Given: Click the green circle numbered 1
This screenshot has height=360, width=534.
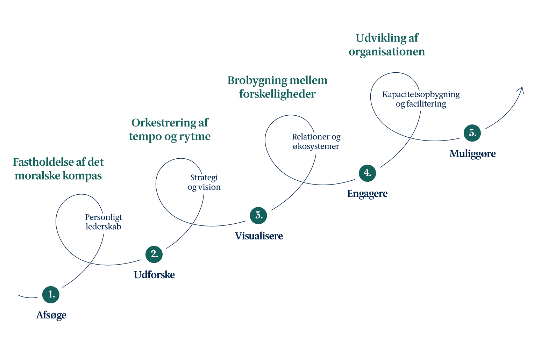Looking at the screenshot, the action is tap(51, 295).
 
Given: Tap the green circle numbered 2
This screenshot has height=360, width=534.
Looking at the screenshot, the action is tap(154, 254).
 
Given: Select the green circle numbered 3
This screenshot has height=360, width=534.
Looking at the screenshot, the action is tap(258, 216).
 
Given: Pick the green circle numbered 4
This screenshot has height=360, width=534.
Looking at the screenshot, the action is tap(367, 173).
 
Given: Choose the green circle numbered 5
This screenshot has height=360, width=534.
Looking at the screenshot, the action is tap(472, 133).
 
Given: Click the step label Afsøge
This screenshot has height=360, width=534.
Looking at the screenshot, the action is tap(51, 315).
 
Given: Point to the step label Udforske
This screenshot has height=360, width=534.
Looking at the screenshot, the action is tap(154, 275).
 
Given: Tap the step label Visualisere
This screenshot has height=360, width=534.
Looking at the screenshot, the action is tap(259, 236).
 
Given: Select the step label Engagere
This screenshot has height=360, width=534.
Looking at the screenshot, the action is tap(367, 194).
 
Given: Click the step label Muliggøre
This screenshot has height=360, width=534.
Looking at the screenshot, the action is tap(473, 154).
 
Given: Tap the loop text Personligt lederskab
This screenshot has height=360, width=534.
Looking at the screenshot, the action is tap(104, 222).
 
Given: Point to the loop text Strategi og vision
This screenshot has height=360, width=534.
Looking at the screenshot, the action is tap(204, 182).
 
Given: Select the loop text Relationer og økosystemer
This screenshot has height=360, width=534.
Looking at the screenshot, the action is tap(316, 142).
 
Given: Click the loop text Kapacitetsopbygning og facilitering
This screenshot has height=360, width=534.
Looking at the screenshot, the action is tap(421, 99).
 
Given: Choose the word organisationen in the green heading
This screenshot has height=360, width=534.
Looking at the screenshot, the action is tap(387, 52).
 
